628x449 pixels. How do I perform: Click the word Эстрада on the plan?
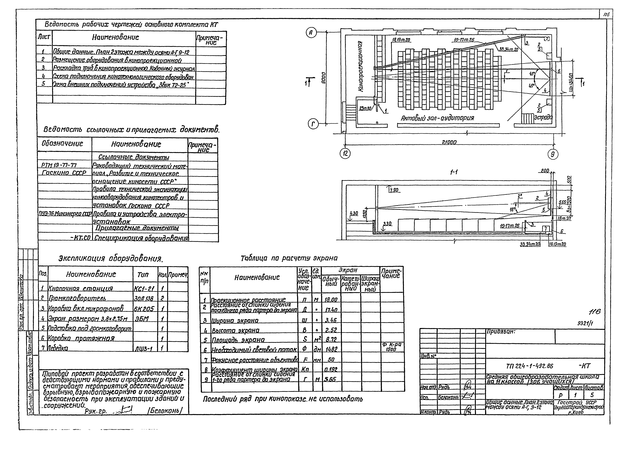click(543, 117)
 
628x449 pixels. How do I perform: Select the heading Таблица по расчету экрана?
click(289, 258)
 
